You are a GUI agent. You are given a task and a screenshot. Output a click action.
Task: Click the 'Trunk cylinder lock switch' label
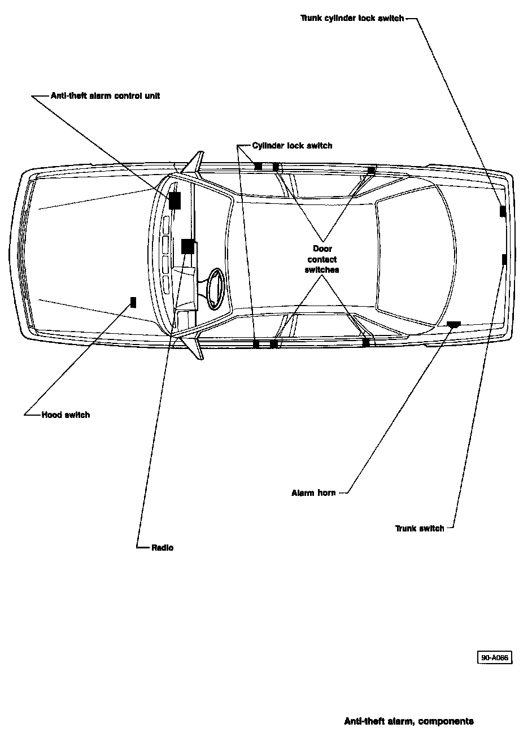pos(352,18)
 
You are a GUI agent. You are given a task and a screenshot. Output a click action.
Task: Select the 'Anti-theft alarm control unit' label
pos(105,96)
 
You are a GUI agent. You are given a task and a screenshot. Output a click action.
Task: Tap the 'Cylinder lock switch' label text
pos(292,146)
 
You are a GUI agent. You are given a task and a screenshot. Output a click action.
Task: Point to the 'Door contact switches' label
pos(322,259)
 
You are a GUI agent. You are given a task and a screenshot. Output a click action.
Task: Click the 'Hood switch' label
pos(66,415)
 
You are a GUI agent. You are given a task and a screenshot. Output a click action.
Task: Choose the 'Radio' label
pos(163,548)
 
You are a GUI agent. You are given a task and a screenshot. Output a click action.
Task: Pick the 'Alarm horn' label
pos(313,493)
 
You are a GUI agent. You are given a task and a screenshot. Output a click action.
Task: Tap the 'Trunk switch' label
pos(420,529)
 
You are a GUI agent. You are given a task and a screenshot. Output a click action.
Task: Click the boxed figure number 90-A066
pos(495,657)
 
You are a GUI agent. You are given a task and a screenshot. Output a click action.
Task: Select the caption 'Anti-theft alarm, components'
pos(409,721)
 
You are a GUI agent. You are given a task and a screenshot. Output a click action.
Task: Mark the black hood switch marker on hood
pos(133,302)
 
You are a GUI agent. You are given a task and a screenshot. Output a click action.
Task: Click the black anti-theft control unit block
pos(174,200)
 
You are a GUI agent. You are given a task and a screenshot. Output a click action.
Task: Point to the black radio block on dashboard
pos(187,246)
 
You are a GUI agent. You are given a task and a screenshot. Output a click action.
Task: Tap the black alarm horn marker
pos(453,324)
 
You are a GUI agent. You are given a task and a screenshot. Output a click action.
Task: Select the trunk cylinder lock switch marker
pos(502,211)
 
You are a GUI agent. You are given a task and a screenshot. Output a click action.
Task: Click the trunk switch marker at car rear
pos(504,259)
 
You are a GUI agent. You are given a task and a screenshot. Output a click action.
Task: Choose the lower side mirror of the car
pos(194,347)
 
